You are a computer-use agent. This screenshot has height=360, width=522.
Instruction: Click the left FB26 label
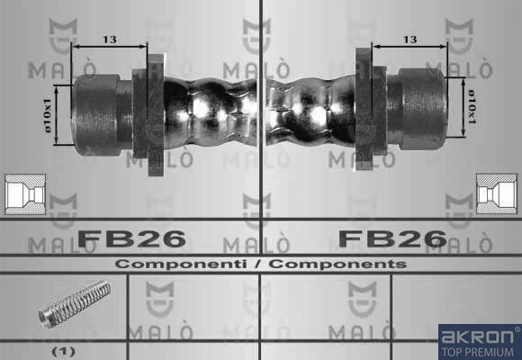pos(131,238)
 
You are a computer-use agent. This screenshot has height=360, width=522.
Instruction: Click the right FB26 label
pos(392,238)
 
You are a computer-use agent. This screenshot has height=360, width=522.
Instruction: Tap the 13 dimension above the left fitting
pos(110,40)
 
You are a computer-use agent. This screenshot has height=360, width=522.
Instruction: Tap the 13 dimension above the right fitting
pos(409,40)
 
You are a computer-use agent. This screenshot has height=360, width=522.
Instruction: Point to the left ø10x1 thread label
pos(48,115)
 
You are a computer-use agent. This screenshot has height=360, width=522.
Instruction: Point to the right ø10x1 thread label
pos(472,106)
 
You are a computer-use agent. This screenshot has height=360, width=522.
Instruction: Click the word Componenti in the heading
pos(181,264)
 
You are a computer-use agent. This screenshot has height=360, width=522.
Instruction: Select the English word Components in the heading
pos(337,264)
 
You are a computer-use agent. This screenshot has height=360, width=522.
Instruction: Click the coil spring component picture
pos(74,304)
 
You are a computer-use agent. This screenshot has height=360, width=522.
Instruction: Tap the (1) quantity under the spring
pos(64,351)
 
